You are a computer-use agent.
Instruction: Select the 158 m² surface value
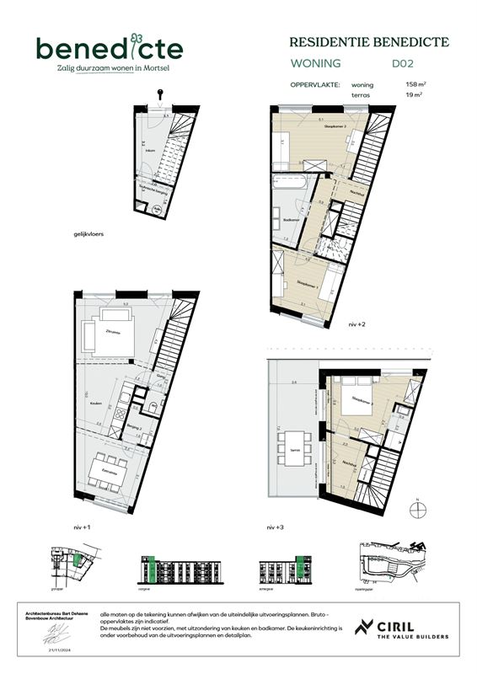tap(415, 85)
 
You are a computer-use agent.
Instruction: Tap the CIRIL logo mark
tap(364, 628)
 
